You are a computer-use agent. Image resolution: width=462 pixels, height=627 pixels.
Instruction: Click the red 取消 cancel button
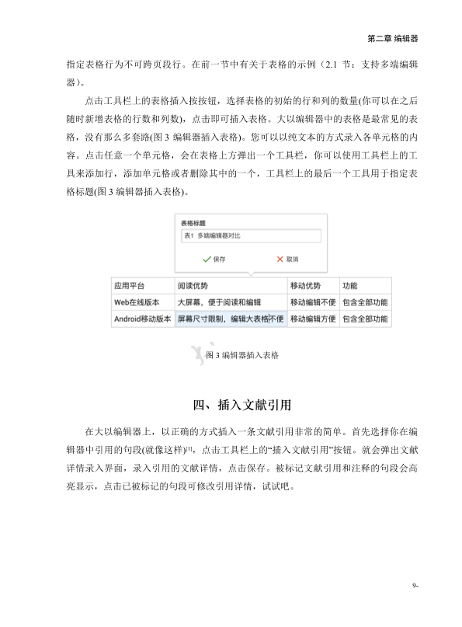coord(287,259)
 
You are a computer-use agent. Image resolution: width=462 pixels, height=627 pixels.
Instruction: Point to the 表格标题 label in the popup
coord(194,221)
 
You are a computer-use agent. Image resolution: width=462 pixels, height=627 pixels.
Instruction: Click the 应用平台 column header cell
coord(130,285)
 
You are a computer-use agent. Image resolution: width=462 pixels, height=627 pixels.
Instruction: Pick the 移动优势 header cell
coord(304,285)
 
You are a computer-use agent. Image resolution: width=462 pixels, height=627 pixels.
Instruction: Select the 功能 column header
coord(350,285)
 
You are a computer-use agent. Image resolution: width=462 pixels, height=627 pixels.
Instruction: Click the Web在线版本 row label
coord(137,301)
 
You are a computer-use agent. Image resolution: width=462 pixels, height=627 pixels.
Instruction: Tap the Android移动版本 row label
coord(142,319)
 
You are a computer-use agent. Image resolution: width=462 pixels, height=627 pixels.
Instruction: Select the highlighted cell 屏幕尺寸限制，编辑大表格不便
coord(230,319)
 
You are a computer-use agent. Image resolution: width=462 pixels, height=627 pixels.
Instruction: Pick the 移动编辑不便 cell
coord(312,301)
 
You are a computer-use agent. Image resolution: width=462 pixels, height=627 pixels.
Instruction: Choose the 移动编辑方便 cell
coord(312,319)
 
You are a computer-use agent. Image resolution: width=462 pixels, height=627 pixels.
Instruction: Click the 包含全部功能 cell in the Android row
coord(365,319)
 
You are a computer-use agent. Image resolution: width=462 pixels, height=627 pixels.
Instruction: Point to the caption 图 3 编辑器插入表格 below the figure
coord(242,355)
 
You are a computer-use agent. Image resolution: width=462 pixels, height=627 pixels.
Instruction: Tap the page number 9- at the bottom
coord(415,585)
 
